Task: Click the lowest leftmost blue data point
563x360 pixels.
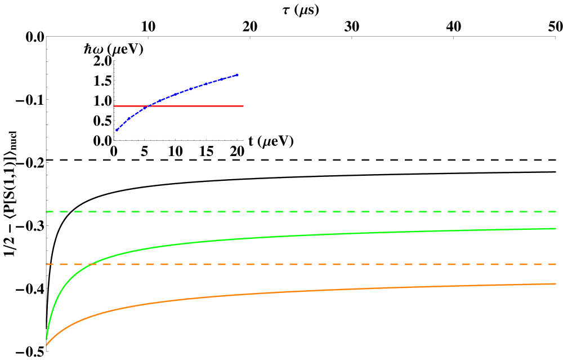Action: (117, 130)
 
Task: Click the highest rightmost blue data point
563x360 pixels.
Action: (237, 75)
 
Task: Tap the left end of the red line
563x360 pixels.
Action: (114, 106)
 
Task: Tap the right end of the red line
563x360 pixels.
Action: (243, 106)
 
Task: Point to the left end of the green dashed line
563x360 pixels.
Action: (46, 212)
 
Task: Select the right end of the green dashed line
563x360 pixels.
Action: (556, 212)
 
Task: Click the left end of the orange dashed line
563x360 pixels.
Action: (46, 264)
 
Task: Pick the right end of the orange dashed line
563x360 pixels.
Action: (556, 264)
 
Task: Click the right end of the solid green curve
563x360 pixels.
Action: (556, 229)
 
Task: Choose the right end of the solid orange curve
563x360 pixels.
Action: (556, 284)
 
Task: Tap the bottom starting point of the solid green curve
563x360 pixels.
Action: (46, 339)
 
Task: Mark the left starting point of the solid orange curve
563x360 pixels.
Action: (46, 345)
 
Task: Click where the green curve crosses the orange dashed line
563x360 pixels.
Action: (92, 264)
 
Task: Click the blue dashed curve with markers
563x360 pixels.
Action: (191, 88)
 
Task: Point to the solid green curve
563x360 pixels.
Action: (281, 236)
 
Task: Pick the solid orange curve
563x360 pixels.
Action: (281, 292)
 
